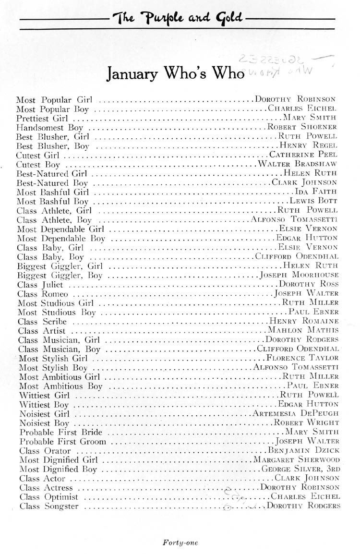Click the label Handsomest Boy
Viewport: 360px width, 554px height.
[x=50, y=128]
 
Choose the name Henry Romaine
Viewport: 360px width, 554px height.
[x=304, y=321]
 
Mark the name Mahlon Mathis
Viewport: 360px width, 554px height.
[x=303, y=330]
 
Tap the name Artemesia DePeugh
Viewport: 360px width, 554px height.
[x=296, y=413]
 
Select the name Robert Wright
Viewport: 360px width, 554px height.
[x=306, y=423]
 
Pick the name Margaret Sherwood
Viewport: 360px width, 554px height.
[x=297, y=460]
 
